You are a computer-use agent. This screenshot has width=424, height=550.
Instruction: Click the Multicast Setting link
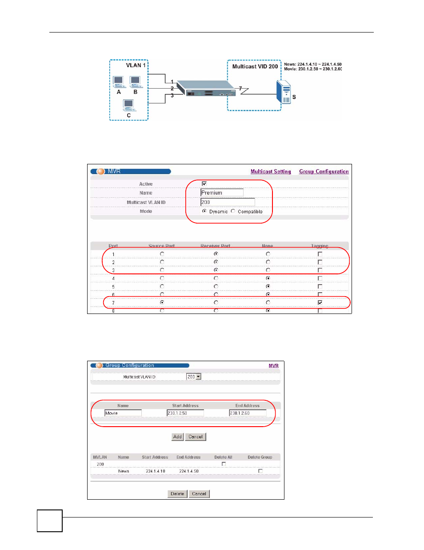[x=270, y=171]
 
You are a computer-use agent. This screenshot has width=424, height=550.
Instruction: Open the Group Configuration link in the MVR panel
[x=324, y=171]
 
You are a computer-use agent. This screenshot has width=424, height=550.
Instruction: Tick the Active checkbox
[x=204, y=183]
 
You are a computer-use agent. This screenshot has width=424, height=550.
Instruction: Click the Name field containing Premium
[x=222, y=193]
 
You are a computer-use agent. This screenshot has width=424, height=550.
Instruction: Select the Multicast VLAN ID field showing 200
[x=227, y=202]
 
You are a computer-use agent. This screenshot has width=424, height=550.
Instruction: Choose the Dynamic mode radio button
[x=204, y=211]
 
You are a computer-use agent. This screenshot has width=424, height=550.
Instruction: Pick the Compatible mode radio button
[x=233, y=211]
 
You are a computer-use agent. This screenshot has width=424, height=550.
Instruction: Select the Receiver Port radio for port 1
[x=216, y=254]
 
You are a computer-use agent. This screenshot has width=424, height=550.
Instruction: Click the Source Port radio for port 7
[x=162, y=302]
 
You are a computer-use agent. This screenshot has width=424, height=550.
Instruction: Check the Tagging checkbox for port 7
[x=320, y=302]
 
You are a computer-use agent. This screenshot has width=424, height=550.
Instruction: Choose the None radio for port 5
[x=268, y=286]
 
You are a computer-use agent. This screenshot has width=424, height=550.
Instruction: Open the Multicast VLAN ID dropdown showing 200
[x=194, y=377]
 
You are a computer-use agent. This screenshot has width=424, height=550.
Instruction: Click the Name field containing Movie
[x=123, y=413]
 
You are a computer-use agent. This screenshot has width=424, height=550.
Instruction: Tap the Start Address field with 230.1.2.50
[x=185, y=413]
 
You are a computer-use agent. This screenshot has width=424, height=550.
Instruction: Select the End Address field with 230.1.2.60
[x=248, y=413]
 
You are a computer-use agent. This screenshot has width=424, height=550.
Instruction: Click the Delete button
[x=177, y=493]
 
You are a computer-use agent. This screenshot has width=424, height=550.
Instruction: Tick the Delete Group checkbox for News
[x=260, y=471]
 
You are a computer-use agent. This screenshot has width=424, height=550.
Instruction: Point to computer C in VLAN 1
[x=128, y=106]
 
